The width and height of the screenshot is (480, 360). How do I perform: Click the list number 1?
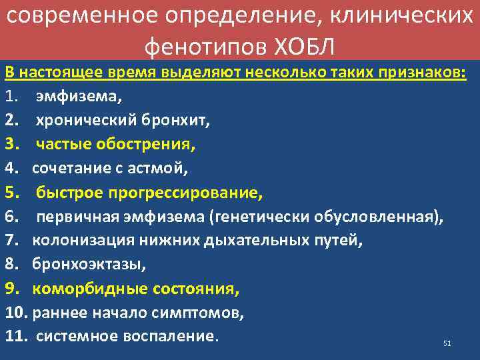[x=10, y=97]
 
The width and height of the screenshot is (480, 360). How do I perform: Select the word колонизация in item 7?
[x=75, y=241]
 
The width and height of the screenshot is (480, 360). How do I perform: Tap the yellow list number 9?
[x=10, y=289]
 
